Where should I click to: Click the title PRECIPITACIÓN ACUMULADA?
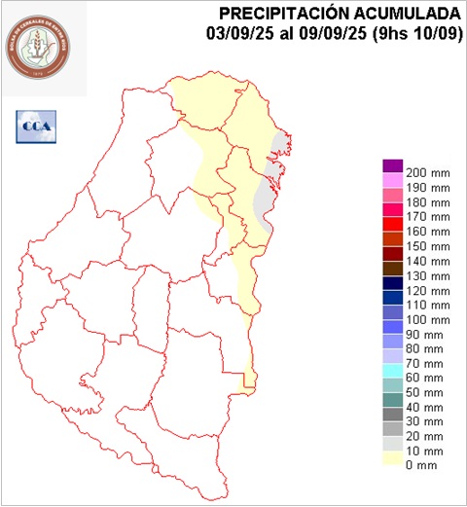(340, 14)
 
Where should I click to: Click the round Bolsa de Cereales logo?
(39, 46)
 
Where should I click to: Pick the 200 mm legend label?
(427, 172)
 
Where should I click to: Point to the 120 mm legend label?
(427, 291)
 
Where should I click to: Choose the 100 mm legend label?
(427, 320)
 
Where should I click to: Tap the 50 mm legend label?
(423, 392)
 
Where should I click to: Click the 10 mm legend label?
(423, 451)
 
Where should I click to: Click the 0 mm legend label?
(420, 465)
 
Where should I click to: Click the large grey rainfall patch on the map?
(264, 199)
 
